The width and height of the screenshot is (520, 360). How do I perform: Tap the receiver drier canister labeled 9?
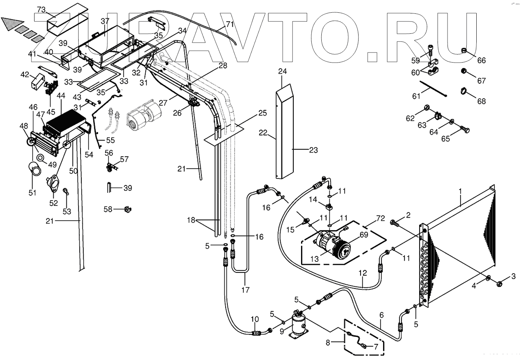[298, 324]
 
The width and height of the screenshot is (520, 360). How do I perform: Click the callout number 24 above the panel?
[283, 72]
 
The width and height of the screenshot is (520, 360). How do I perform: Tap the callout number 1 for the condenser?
[461, 191]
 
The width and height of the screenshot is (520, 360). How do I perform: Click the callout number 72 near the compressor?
[370, 218]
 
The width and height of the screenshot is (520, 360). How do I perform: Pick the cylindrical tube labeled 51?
[35, 168]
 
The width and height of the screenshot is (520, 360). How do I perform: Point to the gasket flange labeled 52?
[54, 182]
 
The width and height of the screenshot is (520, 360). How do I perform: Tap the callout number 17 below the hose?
[245, 290]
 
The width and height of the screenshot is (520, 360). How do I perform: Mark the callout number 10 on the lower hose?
[255, 319]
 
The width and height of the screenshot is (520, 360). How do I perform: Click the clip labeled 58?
[128, 209]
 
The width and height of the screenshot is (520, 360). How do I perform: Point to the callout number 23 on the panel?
[313, 150]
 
